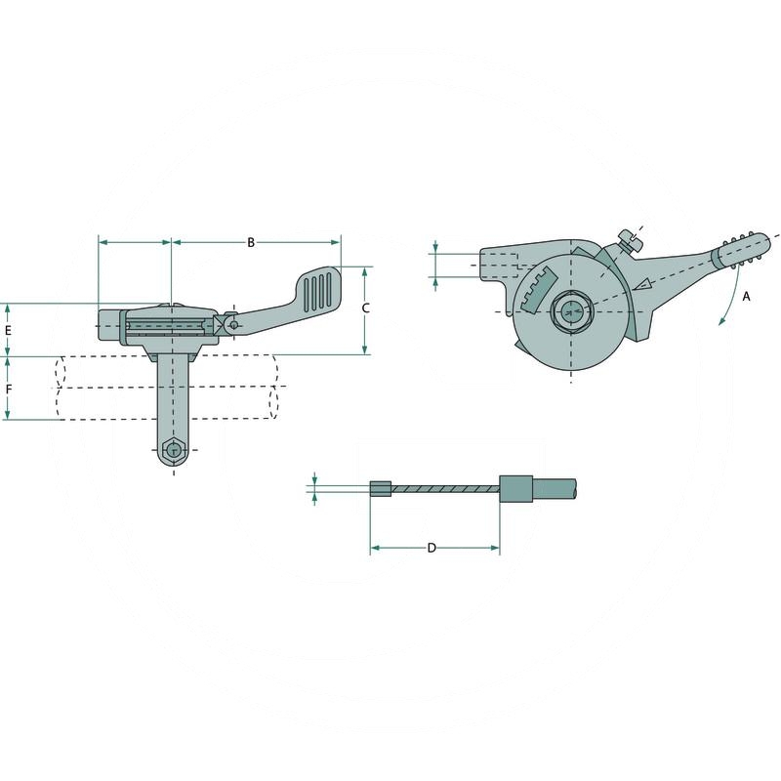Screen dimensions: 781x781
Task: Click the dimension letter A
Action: click(x=747, y=296)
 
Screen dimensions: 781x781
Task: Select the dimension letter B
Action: click(x=251, y=241)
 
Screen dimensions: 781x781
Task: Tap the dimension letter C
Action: click(x=365, y=308)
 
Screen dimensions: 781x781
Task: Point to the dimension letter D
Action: click(x=432, y=548)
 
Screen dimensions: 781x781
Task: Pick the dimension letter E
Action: click(x=8, y=330)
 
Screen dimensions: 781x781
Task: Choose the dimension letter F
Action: click(x=8, y=389)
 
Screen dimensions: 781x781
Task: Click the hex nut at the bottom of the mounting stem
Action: click(x=174, y=450)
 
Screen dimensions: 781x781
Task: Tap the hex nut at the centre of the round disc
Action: click(x=572, y=311)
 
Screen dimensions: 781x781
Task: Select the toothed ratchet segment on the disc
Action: click(x=535, y=290)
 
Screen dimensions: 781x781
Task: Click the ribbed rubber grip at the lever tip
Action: click(x=742, y=250)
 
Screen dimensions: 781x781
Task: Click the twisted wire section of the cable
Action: click(x=445, y=488)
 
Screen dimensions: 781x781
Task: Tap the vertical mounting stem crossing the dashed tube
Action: click(x=173, y=390)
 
